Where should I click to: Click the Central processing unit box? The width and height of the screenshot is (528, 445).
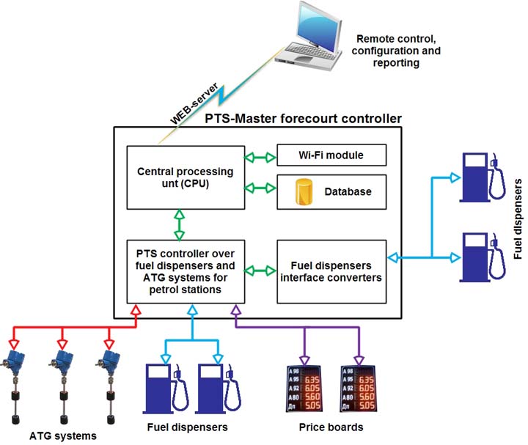pos(185,177)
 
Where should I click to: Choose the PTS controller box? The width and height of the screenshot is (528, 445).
pos(185,271)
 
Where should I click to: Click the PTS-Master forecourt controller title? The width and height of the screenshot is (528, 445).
pos(282,118)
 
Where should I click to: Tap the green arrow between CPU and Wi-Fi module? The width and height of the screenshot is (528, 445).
pos(260,156)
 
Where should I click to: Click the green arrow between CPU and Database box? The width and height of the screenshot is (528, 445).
pos(260,188)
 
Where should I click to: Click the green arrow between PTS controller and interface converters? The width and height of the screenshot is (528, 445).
pos(260,271)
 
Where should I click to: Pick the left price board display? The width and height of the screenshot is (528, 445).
pos(304,389)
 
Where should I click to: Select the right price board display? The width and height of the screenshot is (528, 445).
pos(359,389)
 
